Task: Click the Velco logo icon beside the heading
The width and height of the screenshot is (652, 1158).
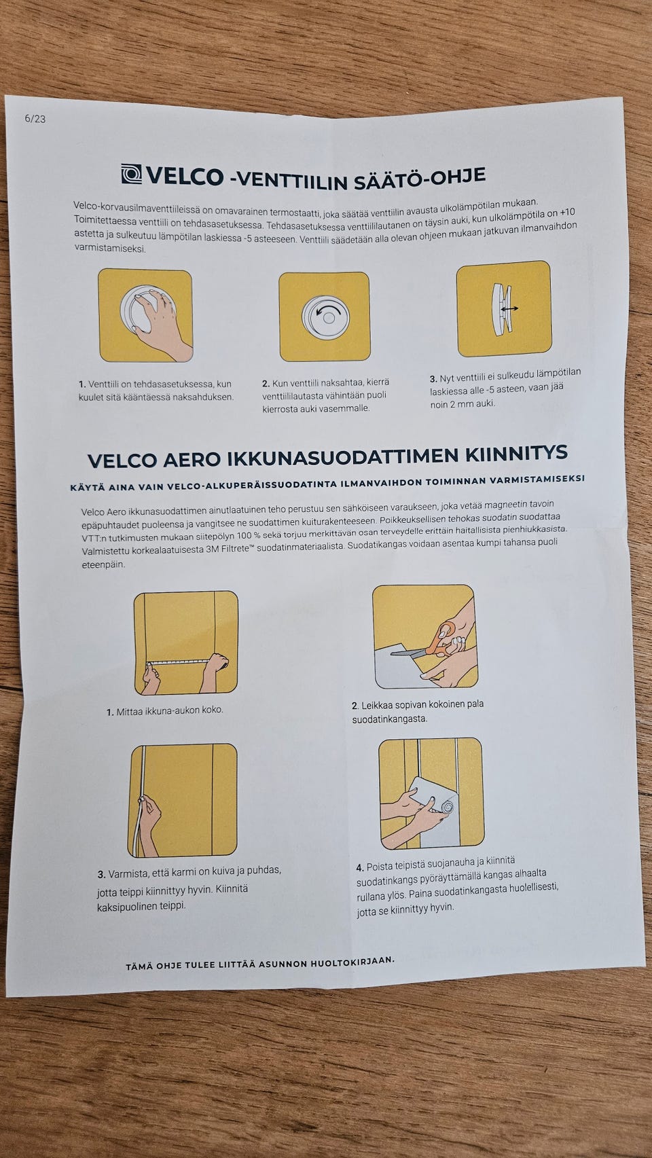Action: [131, 175]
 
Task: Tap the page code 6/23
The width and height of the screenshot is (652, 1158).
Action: [35, 119]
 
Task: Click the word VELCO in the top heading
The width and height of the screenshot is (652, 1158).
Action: [185, 177]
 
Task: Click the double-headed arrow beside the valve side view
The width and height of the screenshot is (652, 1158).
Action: [509, 308]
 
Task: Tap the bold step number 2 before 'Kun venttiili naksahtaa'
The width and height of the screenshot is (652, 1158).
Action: [266, 384]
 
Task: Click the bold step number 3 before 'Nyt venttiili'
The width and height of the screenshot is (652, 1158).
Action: [433, 379]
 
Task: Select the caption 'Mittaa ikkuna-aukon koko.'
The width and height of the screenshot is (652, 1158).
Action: [165, 711]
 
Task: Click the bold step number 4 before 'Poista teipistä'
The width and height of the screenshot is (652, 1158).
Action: [360, 867]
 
